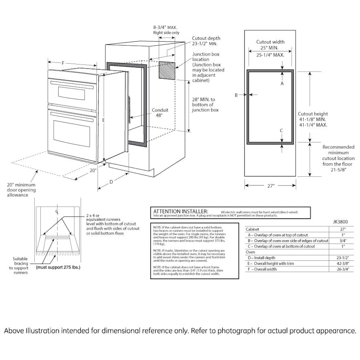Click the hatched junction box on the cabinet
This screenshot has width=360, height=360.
point(167,71)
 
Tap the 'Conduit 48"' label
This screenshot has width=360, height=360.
point(160,113)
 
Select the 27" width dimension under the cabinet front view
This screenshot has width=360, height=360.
point(270,186)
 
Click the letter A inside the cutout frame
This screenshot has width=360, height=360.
point(282,84)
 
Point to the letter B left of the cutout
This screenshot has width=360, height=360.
point(236,95)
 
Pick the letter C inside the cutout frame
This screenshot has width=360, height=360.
point(282,131)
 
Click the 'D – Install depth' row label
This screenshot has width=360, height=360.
point(264,258)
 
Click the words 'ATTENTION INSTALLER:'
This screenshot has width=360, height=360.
point(181,211)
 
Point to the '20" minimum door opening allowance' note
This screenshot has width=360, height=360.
point(21,190)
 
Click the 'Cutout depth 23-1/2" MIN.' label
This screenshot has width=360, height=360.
point(206,41)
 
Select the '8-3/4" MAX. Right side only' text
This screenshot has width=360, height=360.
point(166,30)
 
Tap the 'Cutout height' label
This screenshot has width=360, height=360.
point(312,114)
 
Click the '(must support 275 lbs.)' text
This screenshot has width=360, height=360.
point(58,267)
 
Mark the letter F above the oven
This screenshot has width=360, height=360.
point(63,63)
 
